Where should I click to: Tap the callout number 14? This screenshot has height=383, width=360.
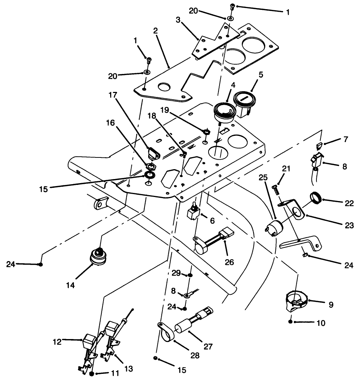click(x=71, y=285)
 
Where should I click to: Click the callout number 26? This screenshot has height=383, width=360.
click(x=229, y=262)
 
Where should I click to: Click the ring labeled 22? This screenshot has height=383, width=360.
click(x=317, y=198)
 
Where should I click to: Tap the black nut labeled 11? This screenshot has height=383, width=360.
click(x=92, y=374)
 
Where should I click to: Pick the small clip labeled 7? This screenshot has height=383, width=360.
click(x=319, y=146)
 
